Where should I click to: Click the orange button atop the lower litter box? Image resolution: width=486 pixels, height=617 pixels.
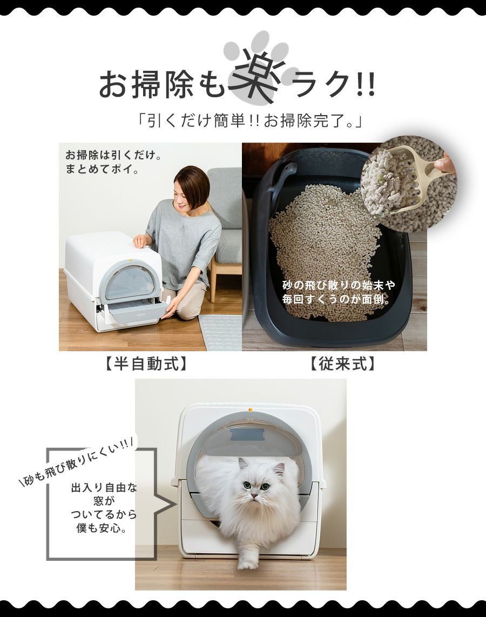pyautogui.click(x=249, y=410)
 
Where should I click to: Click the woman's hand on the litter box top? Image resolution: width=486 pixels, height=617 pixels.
pyautogui.click(x=139, y=241)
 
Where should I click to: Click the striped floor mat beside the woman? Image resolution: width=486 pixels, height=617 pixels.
pyautogui.click(x=220, y=332)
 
